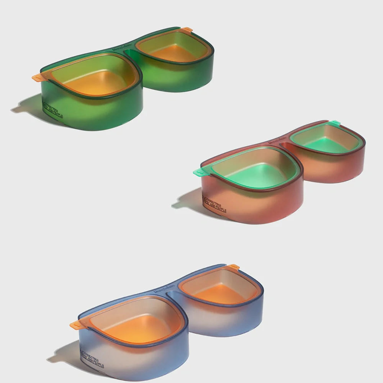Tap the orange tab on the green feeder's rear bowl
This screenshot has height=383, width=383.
187,29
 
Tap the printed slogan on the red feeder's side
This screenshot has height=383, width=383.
214,205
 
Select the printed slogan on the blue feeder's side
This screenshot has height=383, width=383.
92,358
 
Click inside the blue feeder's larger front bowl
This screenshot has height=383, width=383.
132,324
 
